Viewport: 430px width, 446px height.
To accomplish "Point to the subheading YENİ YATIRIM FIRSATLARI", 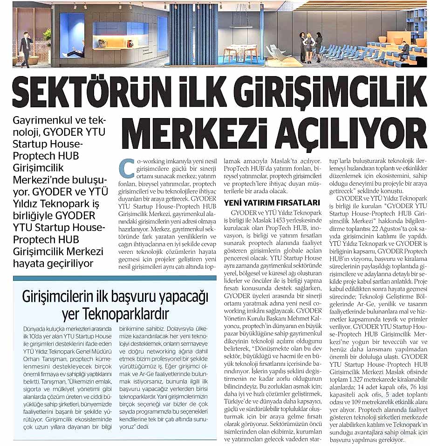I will [x=272, y=202].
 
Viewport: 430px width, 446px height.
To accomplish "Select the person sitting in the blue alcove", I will [x=76, y=50].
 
